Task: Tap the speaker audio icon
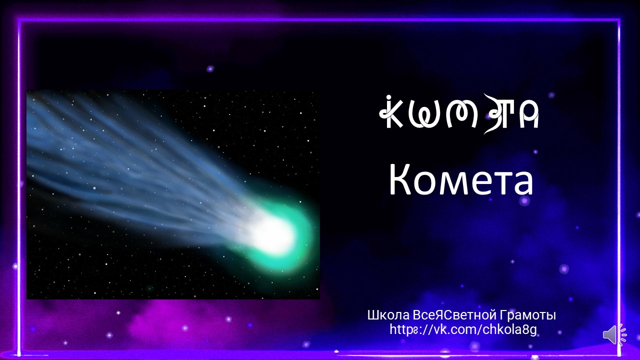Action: [x=614, y=334]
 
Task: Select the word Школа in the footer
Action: [x=388, y=315]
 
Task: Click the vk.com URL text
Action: [x=463, y=329]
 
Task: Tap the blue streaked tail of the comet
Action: [x=125, y=160]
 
